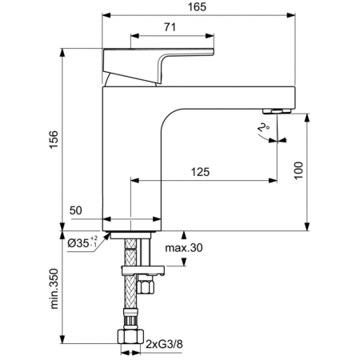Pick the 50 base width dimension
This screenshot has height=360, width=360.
(x=77, y=210)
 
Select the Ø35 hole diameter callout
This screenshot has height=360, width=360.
(x=82, y=242)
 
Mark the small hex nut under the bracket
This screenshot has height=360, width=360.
(x=146, y=286)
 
